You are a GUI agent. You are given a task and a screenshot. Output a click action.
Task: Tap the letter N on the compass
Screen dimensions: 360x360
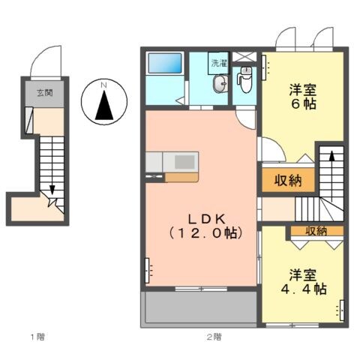click(105, 85)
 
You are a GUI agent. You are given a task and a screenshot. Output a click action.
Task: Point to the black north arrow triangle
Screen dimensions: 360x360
click(105, 107)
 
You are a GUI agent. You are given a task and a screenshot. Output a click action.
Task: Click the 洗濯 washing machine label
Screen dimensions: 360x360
click(218, 63)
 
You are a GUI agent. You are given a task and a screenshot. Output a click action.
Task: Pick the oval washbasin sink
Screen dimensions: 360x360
click(219, 85)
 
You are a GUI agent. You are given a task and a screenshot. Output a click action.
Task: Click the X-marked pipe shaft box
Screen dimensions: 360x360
click(244, 58)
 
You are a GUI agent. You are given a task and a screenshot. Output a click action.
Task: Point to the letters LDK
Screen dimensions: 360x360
click(202, 218)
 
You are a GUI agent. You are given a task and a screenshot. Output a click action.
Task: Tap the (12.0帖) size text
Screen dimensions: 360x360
click(202, 234)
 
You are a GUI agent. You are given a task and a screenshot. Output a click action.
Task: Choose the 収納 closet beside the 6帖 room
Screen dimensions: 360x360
click(283, 180)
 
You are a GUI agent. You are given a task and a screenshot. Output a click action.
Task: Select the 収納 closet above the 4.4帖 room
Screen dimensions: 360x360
click(316, 231)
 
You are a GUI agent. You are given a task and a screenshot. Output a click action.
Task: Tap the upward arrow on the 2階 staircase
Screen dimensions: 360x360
click(328, 158)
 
